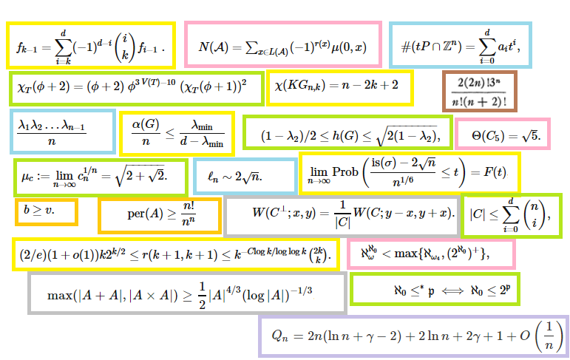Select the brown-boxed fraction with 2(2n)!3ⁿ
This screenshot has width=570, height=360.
coord(479,92)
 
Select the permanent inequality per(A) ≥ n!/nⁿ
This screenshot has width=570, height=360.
coord(160,215)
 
